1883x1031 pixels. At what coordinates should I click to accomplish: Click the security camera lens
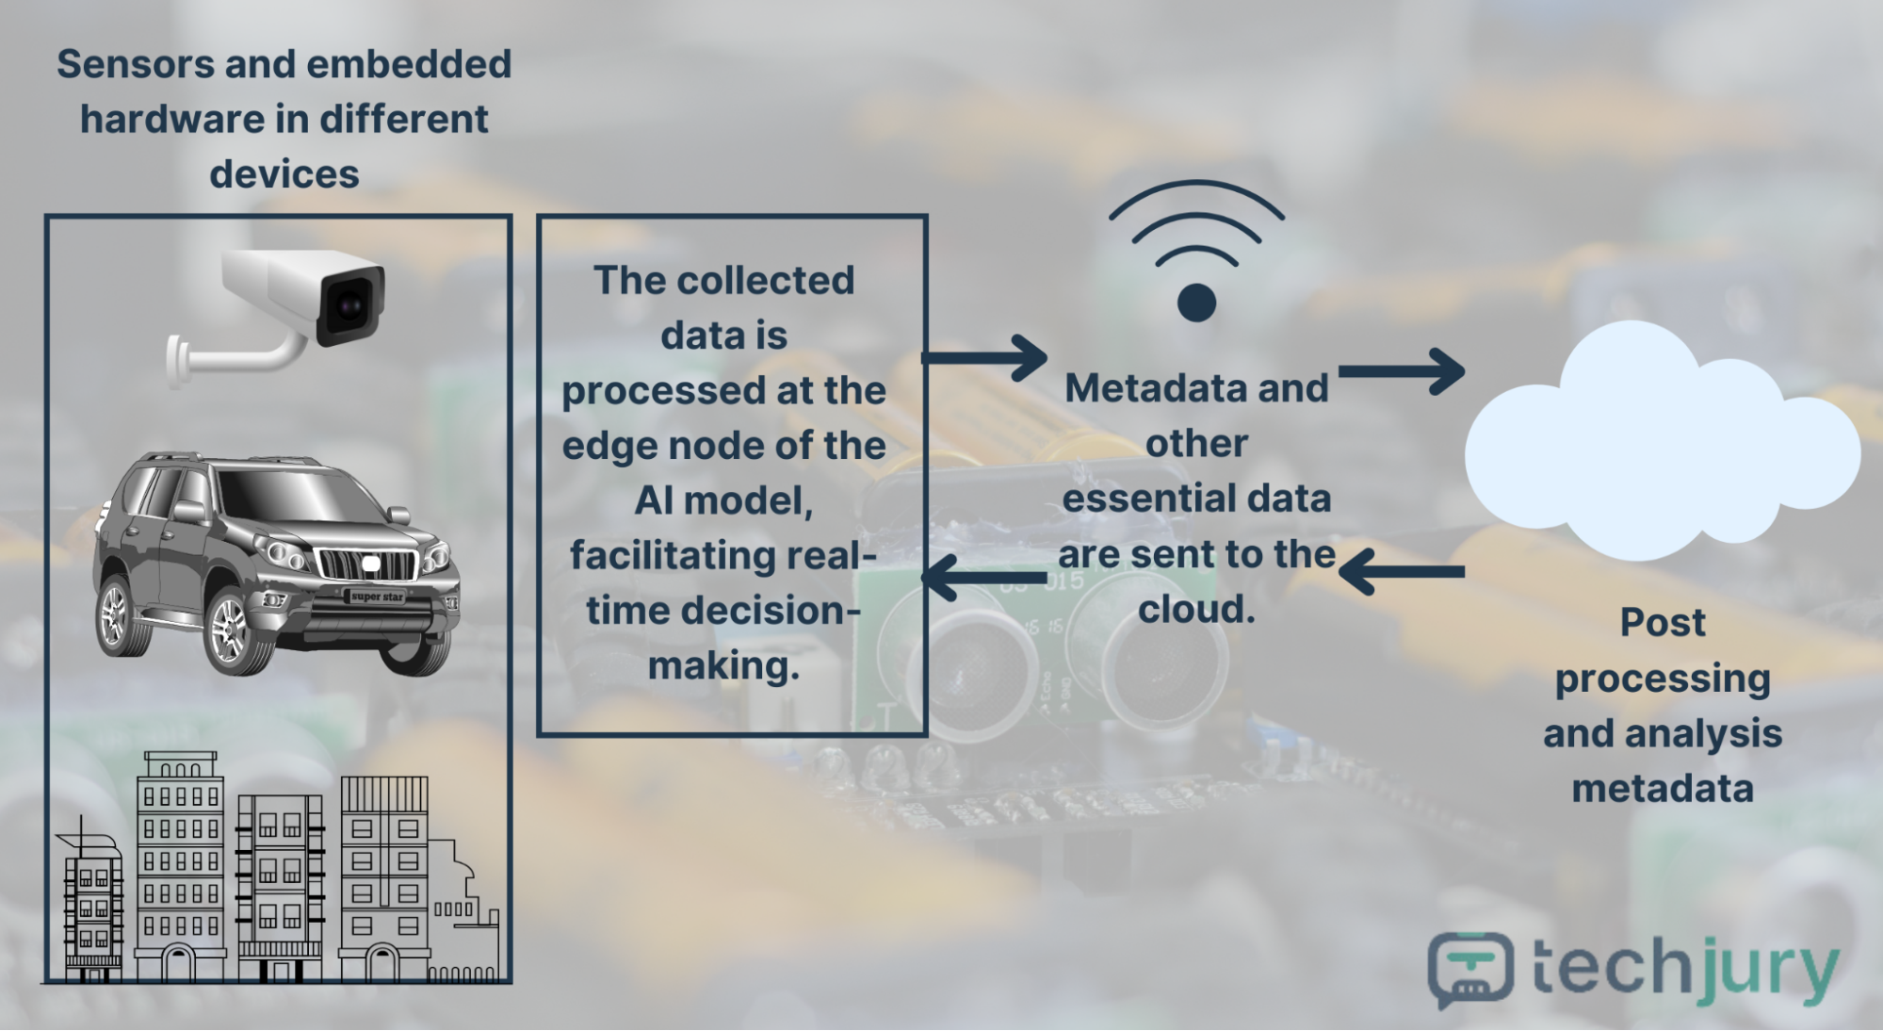click(x=350, y=306)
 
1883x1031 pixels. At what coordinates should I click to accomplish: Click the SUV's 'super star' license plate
click(x=377, y=597)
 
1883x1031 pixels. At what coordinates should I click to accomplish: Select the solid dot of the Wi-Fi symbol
click(x=1196, y=303)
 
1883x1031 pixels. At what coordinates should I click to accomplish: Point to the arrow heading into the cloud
click(x=1402, y=371)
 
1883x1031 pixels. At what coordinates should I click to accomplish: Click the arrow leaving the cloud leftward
click(x=1402, y=571)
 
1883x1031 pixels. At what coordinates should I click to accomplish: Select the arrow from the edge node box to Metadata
click(x=984, y=358)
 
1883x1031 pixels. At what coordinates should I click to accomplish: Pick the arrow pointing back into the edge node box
click(x=984, y=576)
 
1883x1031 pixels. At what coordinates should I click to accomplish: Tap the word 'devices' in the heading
click(x=284, y=174)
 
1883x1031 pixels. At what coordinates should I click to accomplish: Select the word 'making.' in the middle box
click(x=723, y=666)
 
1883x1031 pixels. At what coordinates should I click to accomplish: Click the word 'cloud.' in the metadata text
click(x=1196, y=610)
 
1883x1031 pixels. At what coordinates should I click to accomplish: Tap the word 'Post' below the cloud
click(x=1663, y=623)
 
